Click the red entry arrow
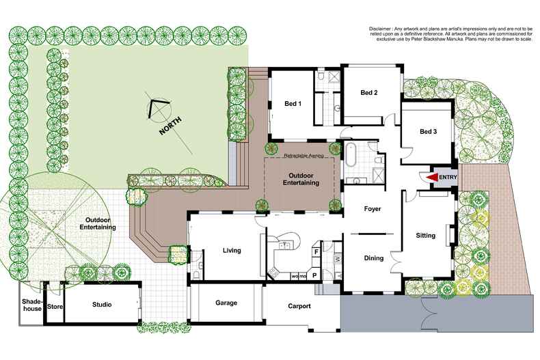(431, 177)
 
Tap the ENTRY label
(447, 178)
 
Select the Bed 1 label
(293, 104)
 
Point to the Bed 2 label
(369, 92)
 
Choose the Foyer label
(373, 208)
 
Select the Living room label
(232, 251)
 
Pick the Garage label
(226, 302)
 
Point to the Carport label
(298, 306)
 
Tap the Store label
(55, 307)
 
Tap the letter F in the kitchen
(316, 251)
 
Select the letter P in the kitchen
(315, 276)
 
